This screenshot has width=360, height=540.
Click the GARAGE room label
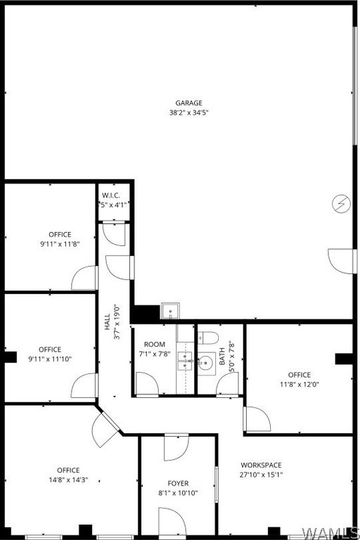coord(188,103)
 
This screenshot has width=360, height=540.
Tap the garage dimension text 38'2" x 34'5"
coord(188,112)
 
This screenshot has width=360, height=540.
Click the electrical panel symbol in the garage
coord(342,204)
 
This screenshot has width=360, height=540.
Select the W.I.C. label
coord(111,195)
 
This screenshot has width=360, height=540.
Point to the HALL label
coord(107,321)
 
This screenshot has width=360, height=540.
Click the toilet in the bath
coord(207,337)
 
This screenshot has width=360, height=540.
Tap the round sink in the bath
coord(207,363)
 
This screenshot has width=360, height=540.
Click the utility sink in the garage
coord(170,311)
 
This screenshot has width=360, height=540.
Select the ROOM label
coord(154,344)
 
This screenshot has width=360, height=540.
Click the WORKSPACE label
coord(261,465)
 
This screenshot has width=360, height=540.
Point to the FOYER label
coord(178,483)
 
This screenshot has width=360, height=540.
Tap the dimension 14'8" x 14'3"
coord(68,480)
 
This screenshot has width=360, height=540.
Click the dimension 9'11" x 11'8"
coord(60,244)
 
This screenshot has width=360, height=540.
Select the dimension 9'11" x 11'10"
coord(50,359)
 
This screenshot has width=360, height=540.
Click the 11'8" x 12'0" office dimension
coord(300,385)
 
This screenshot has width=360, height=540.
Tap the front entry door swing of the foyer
coord(172,522)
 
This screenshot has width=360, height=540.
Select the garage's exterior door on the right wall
coord(342,261)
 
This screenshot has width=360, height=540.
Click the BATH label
coord(222,356)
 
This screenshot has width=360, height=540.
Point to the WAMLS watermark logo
coord(330,532)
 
